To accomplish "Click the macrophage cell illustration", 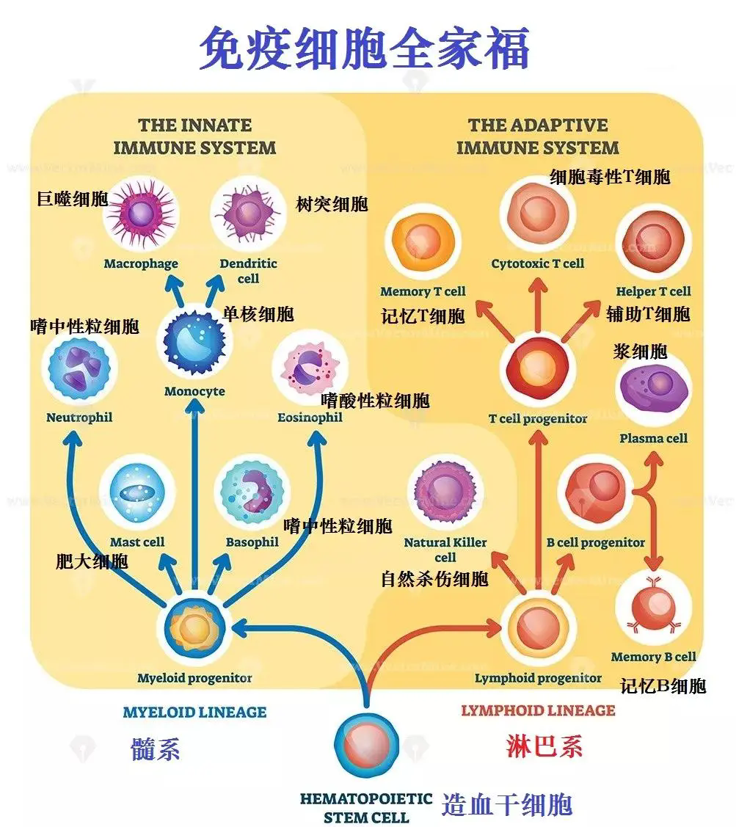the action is click(142, 214).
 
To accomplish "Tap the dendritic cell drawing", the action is click(249, 214).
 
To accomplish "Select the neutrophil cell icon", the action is click(79, 368).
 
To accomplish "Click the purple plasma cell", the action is click(654, 391).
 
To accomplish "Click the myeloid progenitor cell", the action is click(194, 628).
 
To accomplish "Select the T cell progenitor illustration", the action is click(538, 368).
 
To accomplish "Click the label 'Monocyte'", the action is click(194, 391).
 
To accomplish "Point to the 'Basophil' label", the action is click(252, 542).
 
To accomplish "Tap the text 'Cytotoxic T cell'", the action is click(538, 263).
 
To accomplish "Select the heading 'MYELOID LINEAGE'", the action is click(194, 712).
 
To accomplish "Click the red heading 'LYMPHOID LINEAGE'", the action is click(538, 710).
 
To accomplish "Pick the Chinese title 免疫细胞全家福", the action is click(364, 48).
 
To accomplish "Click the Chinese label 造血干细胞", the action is click(507, 805).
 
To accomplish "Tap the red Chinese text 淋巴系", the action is click(544, 746).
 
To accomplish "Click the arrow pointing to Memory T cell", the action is click(495, 321).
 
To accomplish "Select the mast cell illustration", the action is click(137, 492).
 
